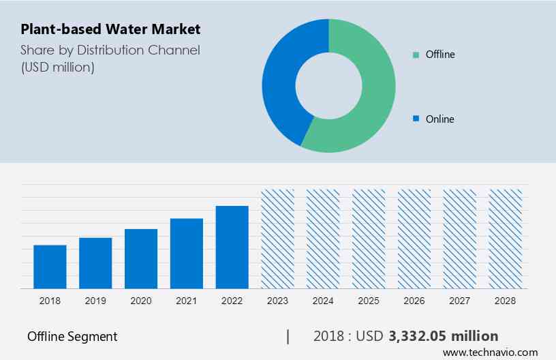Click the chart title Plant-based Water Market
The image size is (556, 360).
pyautogui.click(x=110, y=29)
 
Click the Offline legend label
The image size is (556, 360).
pyautogui.click(x=439, y=55)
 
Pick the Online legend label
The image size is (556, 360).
pyautogui.click(x=439, y=119)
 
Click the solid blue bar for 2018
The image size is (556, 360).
pyautogui.click(x=50, y=267)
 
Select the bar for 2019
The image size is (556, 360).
pyautogui.click(x=95, y=262)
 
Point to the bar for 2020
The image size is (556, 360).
pyautogui.click(x=141, y=258)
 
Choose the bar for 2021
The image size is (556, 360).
pyautogui.click(x=187, y=253)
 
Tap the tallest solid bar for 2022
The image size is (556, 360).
pyautogui.click(x=232, y=247)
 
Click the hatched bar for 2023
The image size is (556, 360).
pyautogui.click(x=278, y=239)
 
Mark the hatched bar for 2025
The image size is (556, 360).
pyautogui.click(x=369, y=239)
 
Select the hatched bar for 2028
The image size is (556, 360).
pyautogui.click(x=506, y=239)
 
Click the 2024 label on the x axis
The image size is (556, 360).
pyautogui.click(x=323, y=301)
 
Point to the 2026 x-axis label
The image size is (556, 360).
pyautogui.click(x=414, y=301)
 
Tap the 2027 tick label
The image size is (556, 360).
pyautogui.click(x=460, y=301)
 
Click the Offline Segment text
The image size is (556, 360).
pyautogui.click(x=72, y=336)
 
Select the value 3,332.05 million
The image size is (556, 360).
pyautogui.click(x=444, y=336)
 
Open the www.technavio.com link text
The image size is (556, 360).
pyautogui.click(x=490, y=352)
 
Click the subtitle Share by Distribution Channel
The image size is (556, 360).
pyautogui.click(x=110, y=50)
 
